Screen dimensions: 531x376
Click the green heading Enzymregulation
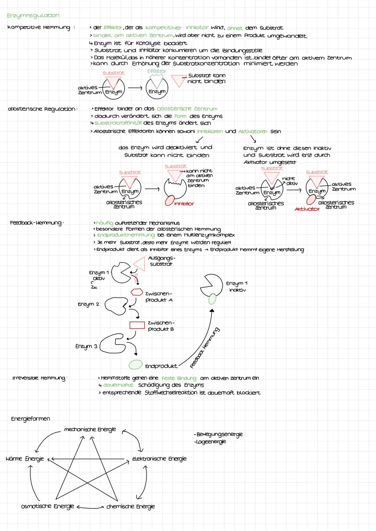[x=33, y=15]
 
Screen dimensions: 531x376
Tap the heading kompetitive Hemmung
[x=38, y=28]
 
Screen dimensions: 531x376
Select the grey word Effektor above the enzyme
[x=157, y=71]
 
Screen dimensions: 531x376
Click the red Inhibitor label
[x=184, y=204]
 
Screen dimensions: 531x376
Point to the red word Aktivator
[x=307, y=209]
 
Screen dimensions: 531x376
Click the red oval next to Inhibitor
[x=170, y=201]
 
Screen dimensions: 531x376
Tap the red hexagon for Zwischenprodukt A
[x=136, y=292]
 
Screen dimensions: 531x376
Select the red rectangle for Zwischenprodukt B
[x=137, y=325]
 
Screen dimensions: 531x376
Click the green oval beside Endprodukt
[x=135, y=364]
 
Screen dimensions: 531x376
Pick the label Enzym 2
[x=88, y=304]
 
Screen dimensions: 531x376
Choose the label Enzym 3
[x=86, y=346]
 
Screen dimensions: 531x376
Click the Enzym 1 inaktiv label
[x=237, y=287]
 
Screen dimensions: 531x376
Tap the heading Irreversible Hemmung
[x=39, y=378]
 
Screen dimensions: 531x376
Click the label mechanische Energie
[x=90, y=429]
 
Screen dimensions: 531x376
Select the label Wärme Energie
[x=25, y=459]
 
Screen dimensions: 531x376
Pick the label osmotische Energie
[x=48, y=506]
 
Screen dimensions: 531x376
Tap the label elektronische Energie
[x=159, y=459]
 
